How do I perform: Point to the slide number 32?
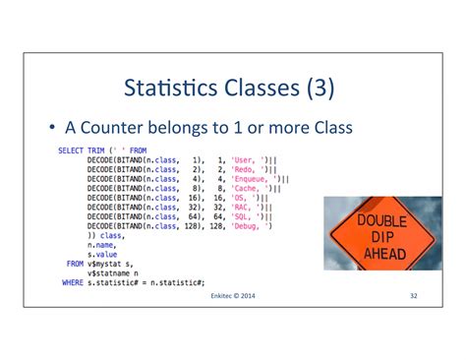click(414, 295)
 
